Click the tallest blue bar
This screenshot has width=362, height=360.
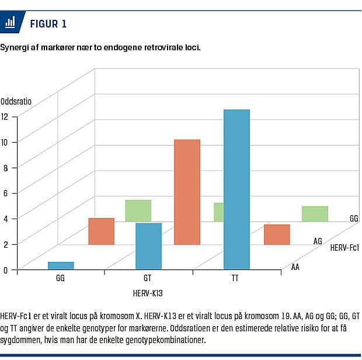[x=236, y=188]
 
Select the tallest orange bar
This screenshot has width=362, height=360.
[x=187, y=192]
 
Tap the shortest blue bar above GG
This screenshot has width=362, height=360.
[x=61, y=265]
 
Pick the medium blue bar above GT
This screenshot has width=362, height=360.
[x=148, y=245]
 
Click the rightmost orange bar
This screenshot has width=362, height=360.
[x=277, y=234]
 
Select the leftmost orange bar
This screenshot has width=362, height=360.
[x=101, y=231]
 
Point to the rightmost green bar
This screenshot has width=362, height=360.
[x=315, y=213]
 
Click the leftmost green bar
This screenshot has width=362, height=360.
[x=138, y=210]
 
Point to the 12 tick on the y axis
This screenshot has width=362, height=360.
[x=5, y=116]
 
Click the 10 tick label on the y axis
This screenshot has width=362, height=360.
[x=5, y=141]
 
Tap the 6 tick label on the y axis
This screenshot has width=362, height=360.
[x=5, y=192]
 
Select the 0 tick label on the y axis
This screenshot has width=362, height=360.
[x=5, y=269]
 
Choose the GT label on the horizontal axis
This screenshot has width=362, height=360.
[x=147, y=279]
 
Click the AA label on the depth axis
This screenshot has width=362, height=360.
[x=295, y=267]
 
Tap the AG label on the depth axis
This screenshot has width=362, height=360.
[x=318, y=241]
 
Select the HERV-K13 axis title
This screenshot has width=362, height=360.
[x=151, y=292]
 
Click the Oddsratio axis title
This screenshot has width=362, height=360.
[x=16, y=101]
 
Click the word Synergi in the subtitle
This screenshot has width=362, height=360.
[x=13, y=47]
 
